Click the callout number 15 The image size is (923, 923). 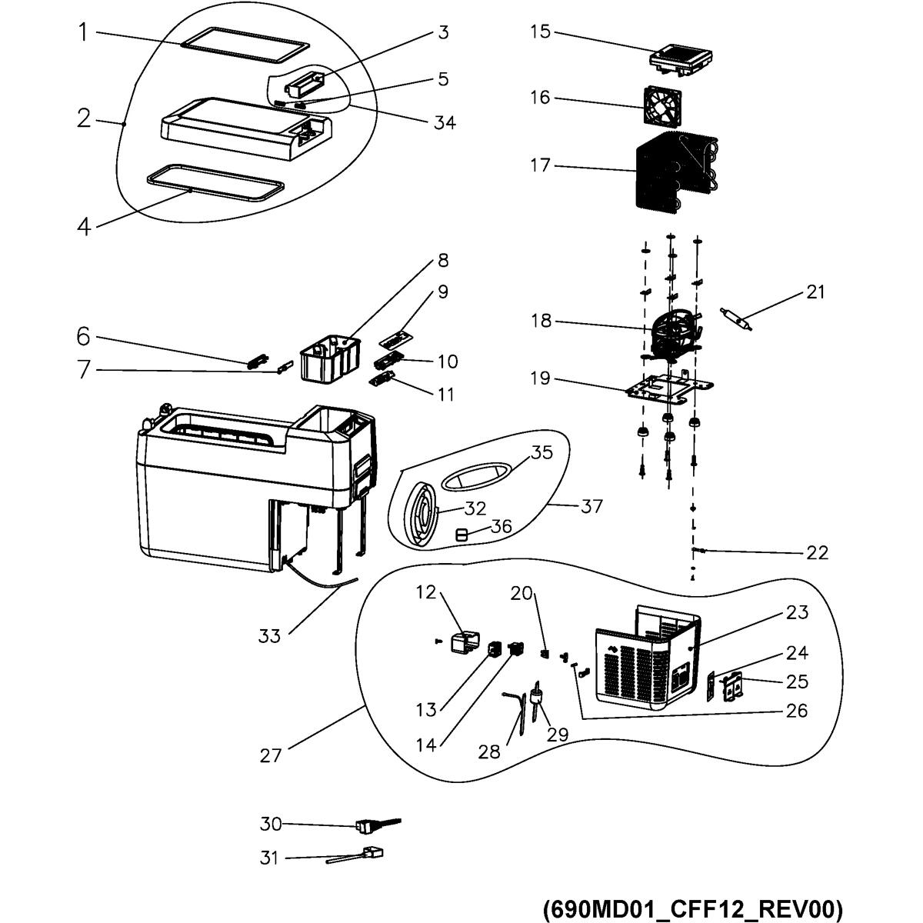[x=540, y=32]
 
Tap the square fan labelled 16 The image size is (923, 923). [x=662, y=105]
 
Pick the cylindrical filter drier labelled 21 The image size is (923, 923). [x=737, y=319]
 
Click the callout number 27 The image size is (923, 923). [x=271, y=756]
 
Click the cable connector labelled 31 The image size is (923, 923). [x=355, y=855]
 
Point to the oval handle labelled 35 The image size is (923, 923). [x=477, y=476]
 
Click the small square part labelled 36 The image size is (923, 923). [x=461, y=535]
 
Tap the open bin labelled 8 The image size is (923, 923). [x=329, y=358]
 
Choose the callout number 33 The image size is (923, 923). [x=269, y=636]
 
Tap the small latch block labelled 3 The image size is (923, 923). [x=304, y=85]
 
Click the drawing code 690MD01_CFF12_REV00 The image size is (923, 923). [x=693, y=895]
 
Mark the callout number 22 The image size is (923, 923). [x=817, y=553]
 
